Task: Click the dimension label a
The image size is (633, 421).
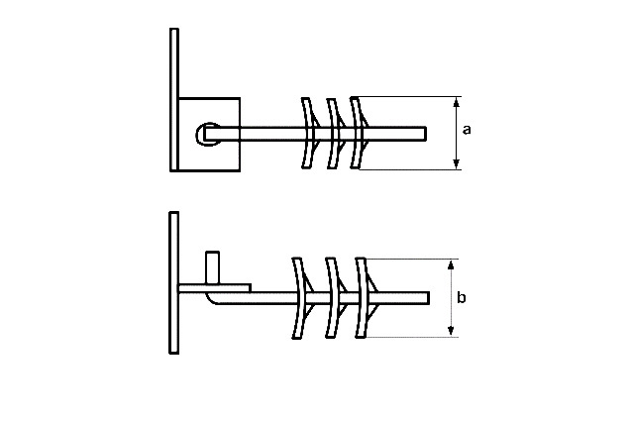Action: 467,130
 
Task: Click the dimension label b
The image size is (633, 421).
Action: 462,297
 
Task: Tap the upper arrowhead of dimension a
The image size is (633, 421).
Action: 457,102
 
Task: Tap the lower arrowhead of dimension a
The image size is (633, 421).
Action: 457,163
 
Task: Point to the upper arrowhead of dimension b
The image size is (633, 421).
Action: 451,264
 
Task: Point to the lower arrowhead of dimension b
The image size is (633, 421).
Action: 451,331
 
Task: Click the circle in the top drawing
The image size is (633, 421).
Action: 208,134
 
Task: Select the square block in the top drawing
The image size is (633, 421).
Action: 209,135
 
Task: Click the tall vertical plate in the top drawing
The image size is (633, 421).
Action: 174,100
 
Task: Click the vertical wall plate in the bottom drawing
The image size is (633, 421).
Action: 174,283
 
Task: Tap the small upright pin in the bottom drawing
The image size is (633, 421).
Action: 212,268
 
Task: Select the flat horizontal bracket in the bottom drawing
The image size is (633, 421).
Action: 214,288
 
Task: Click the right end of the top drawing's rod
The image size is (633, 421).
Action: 426,134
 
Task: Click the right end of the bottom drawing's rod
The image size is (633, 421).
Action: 428,298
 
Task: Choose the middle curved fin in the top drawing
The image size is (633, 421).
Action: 333,133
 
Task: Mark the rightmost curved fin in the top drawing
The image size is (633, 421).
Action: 357,133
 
